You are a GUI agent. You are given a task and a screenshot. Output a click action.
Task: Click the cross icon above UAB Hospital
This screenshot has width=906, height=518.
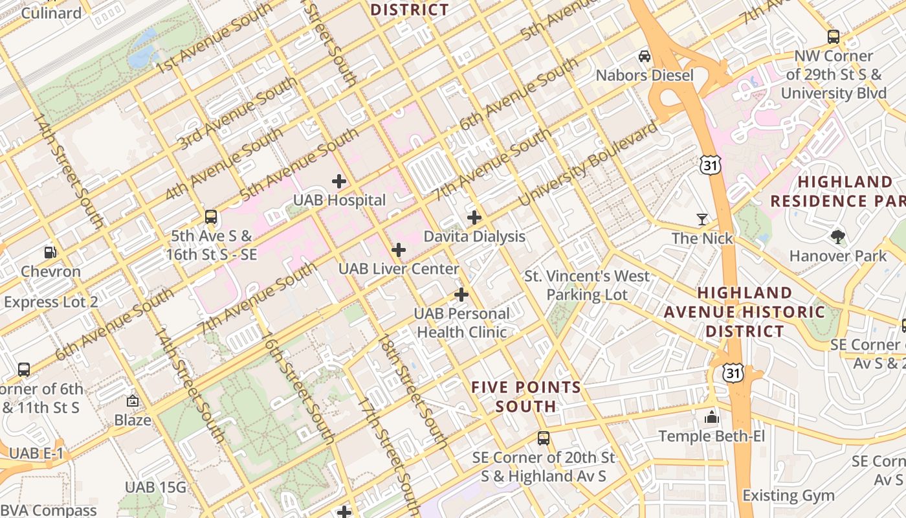(x=338, y=181)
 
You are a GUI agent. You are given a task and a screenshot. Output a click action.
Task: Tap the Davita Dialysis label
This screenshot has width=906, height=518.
(x=474, y=236)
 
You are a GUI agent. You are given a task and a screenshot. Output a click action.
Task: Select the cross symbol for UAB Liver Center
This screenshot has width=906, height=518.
(x=399, y=250)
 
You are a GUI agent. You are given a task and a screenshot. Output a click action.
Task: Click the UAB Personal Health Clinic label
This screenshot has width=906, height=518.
(x=461, y=323)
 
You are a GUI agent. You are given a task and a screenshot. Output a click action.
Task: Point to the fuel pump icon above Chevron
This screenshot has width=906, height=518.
(x=50, y=253)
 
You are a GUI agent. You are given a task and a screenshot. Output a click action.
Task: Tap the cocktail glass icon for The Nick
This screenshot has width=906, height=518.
(x=702, y=220)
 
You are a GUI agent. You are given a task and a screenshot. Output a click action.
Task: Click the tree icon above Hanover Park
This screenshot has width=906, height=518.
(x=838, y=236)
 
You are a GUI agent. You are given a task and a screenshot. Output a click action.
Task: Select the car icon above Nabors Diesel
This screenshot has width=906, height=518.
(x=645, y=56)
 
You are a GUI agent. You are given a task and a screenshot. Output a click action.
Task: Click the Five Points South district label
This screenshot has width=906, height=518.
(x=525, y=397)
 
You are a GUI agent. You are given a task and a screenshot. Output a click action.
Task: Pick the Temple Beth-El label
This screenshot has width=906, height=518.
(x=712, y=436)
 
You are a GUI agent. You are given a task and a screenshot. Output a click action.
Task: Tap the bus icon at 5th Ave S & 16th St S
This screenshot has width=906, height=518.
(x=211, y=217)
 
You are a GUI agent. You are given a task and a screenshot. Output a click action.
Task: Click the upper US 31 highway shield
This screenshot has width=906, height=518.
(x=710, y=165)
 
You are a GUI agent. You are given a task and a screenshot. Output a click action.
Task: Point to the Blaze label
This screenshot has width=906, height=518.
(x=133, y=420)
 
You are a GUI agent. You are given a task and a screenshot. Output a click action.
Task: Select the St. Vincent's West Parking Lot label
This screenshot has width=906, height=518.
(x=587, y=286)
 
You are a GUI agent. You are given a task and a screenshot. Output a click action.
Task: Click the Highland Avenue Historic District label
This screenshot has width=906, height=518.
(x=744, y=312)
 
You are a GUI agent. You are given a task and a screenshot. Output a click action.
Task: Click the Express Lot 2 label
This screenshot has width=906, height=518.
(x=51, y=302)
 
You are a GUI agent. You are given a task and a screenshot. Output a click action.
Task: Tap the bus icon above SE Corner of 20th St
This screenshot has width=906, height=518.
(x=544, y=438)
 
